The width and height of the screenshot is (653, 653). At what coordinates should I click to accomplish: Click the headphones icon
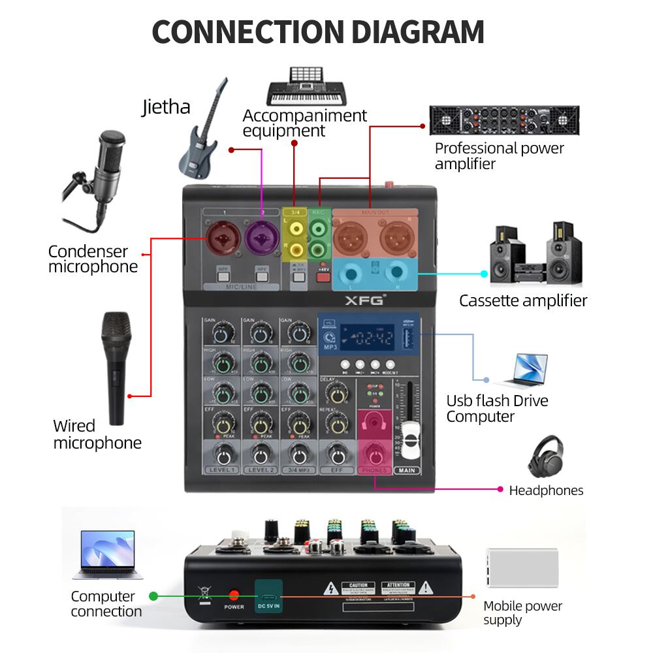(545, 457)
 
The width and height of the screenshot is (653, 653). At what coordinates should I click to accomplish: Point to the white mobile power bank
(522, 567)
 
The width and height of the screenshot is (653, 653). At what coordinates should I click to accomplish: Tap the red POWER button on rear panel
(234, 595)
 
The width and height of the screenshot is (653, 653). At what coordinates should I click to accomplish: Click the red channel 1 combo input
(221, 238)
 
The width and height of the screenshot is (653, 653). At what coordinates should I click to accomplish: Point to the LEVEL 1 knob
(222, 454)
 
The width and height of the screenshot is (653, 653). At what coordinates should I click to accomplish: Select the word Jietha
(166, 106)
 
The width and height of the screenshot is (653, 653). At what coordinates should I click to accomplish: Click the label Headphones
(546, 490)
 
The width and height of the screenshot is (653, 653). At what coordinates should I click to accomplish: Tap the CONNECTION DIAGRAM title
(318, 32)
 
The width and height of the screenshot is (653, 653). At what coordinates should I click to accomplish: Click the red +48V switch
(321, 276)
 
